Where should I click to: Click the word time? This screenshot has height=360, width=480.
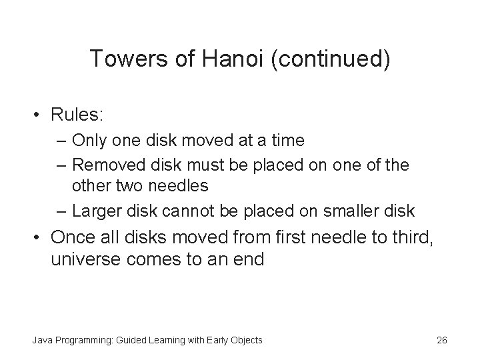(286, 141)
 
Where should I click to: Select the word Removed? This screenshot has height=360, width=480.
(105, 164)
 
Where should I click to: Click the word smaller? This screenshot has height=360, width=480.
(351, 211)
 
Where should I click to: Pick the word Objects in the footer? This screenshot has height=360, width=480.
(245, 340)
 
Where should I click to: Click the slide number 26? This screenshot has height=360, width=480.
(441, 340)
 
